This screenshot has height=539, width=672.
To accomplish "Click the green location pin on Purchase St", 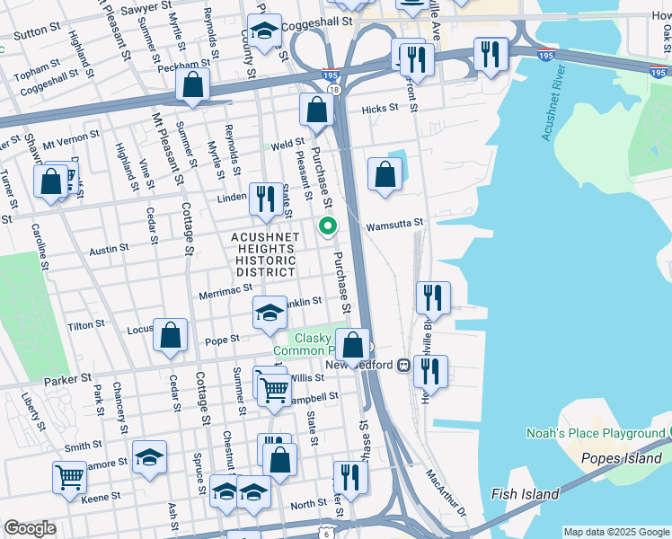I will pyautogui.click(x=328, y=227).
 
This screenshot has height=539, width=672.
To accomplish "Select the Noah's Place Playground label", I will pyautogui.click(x=596, y=434).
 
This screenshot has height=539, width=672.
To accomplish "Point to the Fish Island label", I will pyautogui.click(x=526, y=494).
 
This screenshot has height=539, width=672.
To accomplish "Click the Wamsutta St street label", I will pyautogui.click(x=393, y=224).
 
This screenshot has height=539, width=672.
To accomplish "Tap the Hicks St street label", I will pyautogui.click(x=380, y=109).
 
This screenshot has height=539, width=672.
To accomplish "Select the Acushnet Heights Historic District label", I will pyautogui.click(x=265, y=253).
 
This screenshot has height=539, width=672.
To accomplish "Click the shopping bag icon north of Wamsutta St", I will pyautogui.click(x=385, y=175).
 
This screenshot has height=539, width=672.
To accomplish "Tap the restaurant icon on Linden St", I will pyautogui.click(x=264, y=199).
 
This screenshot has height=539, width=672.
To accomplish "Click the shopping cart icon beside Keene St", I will pyautogui.click(x=69, y=477).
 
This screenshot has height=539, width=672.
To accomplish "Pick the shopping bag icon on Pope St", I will pyautogui.click(x=171, y=336).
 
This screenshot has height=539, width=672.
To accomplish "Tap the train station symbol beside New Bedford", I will pyautogui.click(x=404, y=365).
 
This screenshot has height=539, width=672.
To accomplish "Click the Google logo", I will pyautogui.click(x=30, y=528).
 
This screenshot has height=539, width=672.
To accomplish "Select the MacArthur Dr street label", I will pyautogui.click(x=447, y=490).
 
